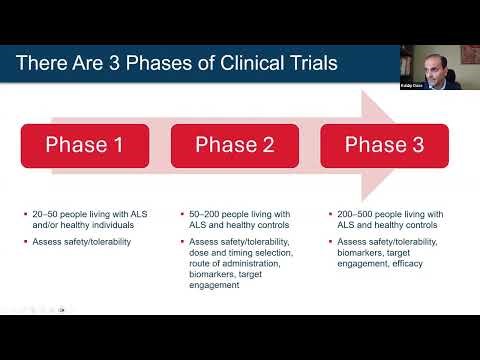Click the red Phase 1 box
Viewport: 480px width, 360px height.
tap(84, 145)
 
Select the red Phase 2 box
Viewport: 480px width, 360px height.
tap(233, 145)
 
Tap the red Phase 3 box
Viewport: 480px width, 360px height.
tap(383, 145)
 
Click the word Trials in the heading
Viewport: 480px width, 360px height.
tap(306, 64)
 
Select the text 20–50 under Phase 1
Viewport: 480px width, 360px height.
tap(44, 213)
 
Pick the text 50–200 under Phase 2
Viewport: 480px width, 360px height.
tap(202, 213)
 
